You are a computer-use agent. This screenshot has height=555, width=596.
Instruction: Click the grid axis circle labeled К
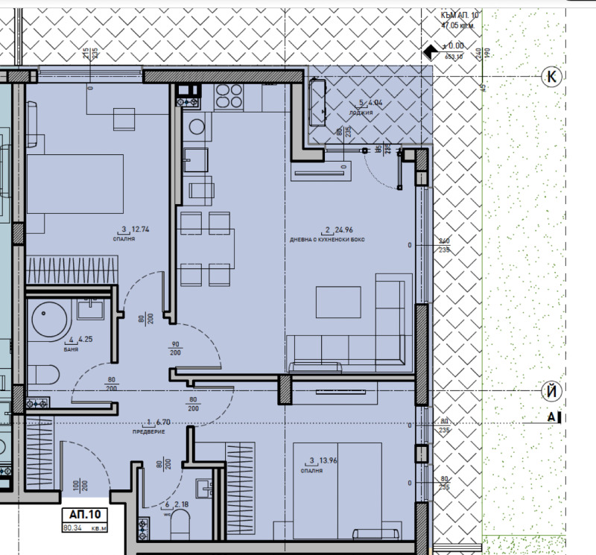pos(551,76)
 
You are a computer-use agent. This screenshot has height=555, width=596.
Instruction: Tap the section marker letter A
pos(551,418)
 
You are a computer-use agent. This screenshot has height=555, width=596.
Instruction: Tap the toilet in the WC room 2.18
pos(181,527)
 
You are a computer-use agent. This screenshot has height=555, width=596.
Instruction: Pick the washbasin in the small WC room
pos(206,488)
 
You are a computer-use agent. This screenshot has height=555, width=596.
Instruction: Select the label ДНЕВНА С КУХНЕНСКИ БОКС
pos(327,240)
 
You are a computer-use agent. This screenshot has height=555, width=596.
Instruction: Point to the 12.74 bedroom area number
pos(140,229)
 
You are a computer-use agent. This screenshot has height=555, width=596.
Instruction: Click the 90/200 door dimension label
pos(176,348)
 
